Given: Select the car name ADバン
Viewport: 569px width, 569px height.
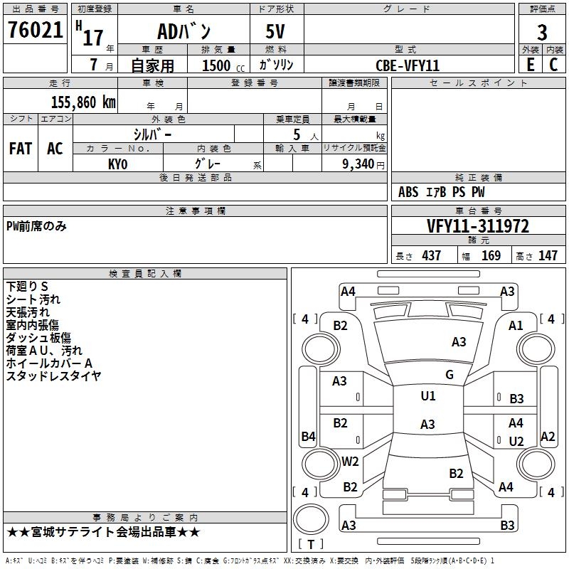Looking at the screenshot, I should click(184, 33).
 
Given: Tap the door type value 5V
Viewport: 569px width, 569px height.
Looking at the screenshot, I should click(276, 31).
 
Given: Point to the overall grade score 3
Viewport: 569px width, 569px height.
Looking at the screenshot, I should click(542, 32).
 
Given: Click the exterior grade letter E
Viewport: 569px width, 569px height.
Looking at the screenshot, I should click(531, 64).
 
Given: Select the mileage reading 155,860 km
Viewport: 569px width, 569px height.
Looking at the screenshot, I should click(83, 102).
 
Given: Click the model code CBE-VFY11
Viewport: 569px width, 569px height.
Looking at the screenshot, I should click(408, 65).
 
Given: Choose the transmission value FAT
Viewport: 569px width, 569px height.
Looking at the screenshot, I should click(21, 149).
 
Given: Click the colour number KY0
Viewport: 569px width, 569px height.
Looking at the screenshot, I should click(118, 164).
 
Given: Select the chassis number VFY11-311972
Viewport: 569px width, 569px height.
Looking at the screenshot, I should click(477, 226).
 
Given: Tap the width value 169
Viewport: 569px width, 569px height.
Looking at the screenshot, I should click(491, 255).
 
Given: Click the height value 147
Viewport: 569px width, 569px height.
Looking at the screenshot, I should click(547, 255).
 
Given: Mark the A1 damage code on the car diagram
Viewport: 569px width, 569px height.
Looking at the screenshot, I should click(516, 325).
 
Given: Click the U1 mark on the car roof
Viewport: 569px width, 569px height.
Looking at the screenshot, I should click(427, 396).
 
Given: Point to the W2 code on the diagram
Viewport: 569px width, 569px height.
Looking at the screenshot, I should click(350, 461).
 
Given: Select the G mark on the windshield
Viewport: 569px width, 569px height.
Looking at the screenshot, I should click(450, 374).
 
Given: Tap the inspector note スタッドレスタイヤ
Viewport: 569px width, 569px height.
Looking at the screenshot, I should click(54, 375).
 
